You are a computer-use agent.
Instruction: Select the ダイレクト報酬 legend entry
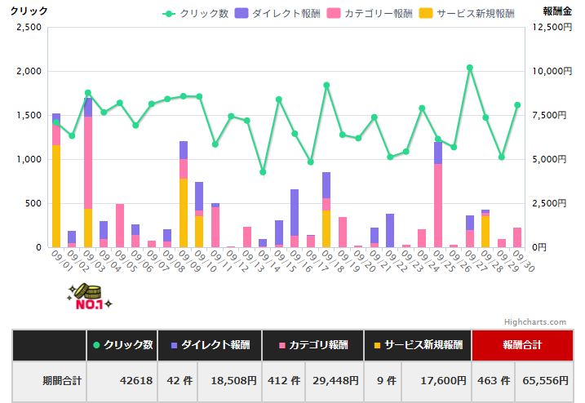(278, 14)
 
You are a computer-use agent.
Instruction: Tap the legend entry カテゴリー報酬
(369, 14)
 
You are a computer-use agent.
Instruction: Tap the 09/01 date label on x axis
(60, 262)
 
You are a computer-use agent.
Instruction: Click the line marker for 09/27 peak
(470, 68)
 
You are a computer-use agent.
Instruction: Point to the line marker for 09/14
(263, 172)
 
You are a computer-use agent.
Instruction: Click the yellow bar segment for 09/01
(56, 196)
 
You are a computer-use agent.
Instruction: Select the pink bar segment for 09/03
(88, 163)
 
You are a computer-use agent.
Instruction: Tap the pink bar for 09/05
(120, 225)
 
